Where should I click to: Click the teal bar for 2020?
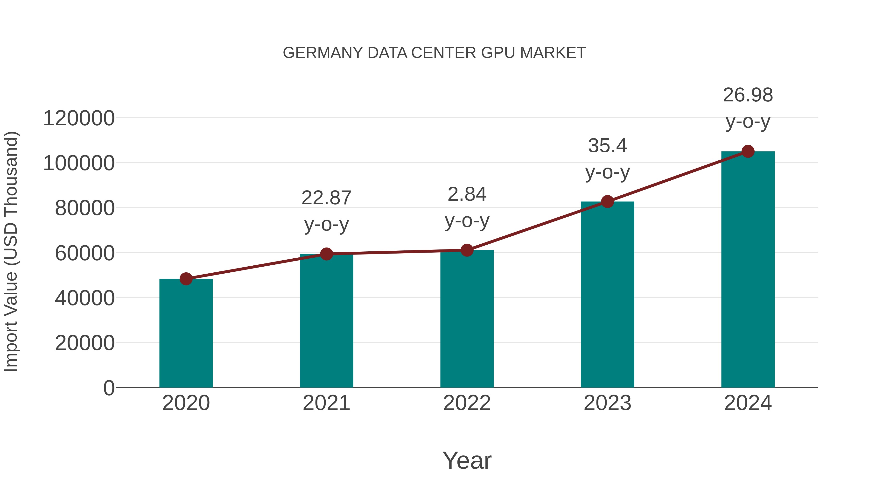(x=186, y=334)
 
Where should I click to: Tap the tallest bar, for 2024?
(x=748, y=270)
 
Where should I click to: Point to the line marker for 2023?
(x=607, y=201)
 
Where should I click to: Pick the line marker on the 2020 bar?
(x=186, y=279)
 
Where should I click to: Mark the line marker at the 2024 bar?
(x=748, y=151)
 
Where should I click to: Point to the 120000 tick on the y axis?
(x=79, y=119)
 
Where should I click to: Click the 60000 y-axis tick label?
(x=85, y=253)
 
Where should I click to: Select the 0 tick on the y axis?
(x=109, y=388)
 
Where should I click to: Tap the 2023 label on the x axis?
(x=607, y=403)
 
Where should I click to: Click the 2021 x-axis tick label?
(x=326, y=403)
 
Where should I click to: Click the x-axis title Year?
(x=467, y=460)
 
